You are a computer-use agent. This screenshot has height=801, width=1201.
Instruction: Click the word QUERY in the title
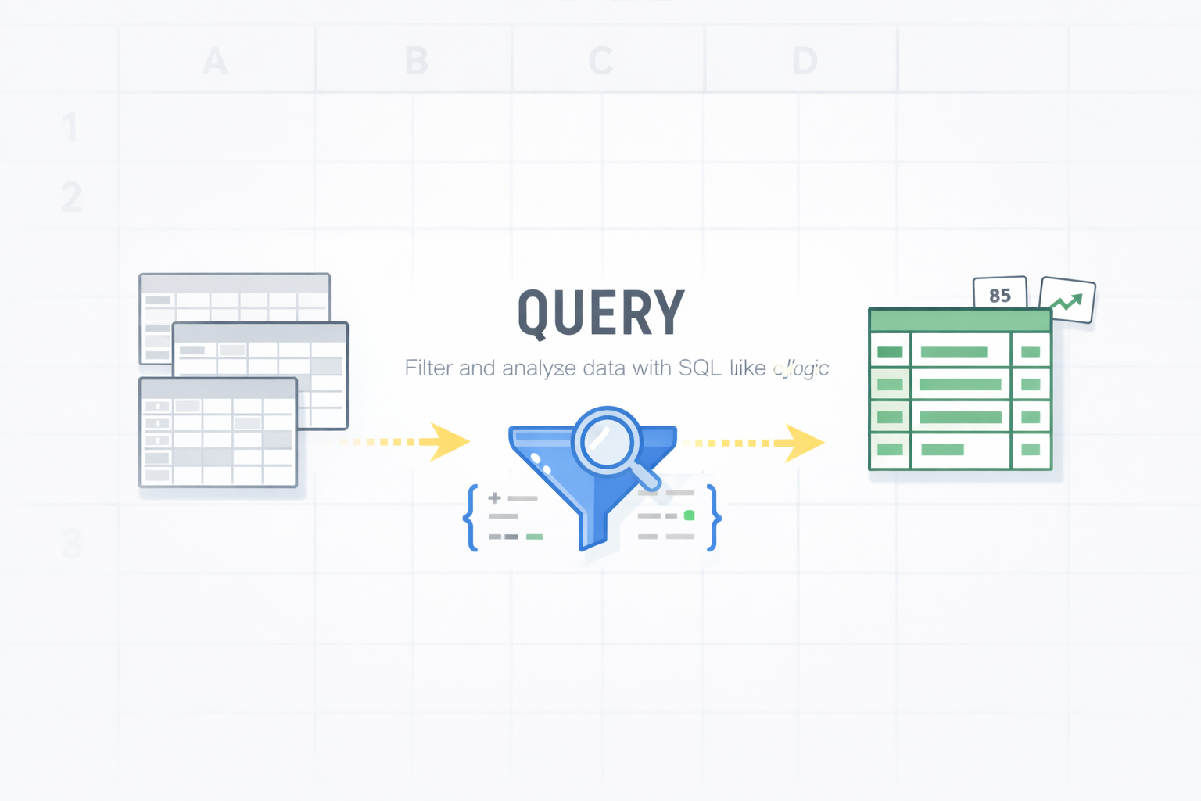click(600, 313)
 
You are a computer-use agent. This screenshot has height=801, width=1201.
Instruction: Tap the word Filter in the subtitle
click(428, 368)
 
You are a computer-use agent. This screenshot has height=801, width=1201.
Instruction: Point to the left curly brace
click(471, 518)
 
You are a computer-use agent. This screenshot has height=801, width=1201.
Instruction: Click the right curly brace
click(712, 518)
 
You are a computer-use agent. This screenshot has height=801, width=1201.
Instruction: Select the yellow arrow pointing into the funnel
click(446, 442)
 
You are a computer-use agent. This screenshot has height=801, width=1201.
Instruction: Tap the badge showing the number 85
click(999, 295)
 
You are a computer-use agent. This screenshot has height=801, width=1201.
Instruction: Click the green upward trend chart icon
click(1067, 300)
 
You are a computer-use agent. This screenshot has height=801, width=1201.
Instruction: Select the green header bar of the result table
click(959, 320)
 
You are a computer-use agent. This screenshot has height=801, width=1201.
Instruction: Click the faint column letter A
click(215, 61)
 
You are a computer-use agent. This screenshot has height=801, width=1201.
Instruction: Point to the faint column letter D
click(805, 61)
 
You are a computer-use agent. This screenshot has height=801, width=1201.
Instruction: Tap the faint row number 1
click(70, 128)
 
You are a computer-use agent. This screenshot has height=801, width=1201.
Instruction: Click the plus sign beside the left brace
click(494, 497)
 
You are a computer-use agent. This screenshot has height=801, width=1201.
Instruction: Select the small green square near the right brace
click(689, 515)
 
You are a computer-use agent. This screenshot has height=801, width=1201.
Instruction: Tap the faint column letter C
click(600, 61)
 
